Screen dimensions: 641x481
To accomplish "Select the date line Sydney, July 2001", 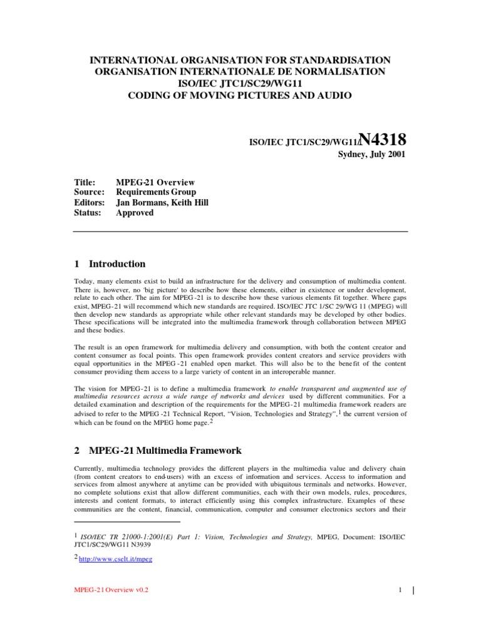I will [373, 155].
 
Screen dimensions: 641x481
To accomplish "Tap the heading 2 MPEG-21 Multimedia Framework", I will [157, 451].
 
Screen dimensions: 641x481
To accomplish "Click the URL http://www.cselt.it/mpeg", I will [109, 557].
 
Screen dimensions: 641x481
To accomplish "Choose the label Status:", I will [88, 213].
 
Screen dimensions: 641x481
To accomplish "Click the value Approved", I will [135, 213].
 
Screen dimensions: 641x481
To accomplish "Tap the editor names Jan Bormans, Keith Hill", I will [162, 202].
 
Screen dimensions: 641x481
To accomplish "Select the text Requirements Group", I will [156, 192].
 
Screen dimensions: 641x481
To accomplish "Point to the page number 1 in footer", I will [398, 590].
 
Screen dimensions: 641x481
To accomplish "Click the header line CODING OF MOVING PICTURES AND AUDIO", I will [241, 96].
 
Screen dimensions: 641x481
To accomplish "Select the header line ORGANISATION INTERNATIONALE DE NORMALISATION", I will [241, 72].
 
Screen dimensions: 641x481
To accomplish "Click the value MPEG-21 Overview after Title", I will [155, 182].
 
